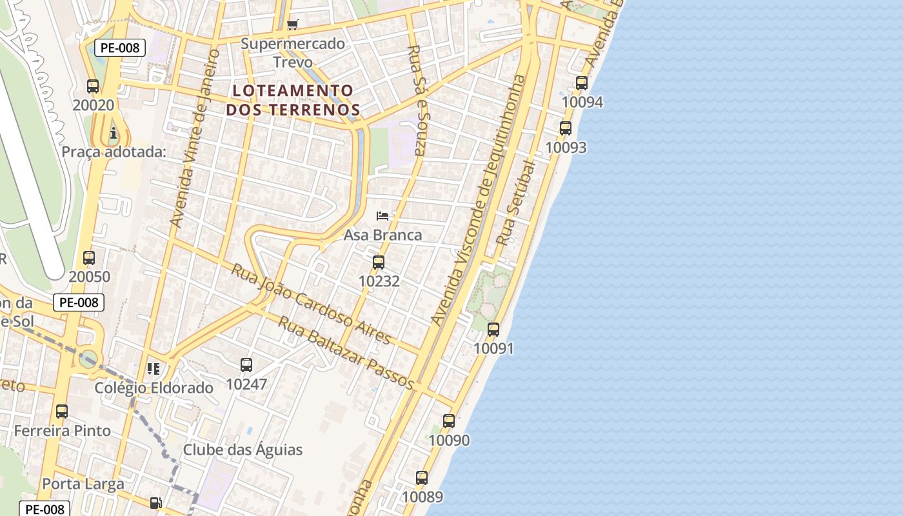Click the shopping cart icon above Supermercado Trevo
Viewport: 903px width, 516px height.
pyautogui.click(x=292, y=25)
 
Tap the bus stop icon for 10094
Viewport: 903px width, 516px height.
pyautogui.click(x=582, y=83)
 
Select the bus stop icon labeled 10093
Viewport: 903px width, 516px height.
pyautogui.click(x=566, y=128)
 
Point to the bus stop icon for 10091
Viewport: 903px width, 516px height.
pyautogui.click(x=493, y=330)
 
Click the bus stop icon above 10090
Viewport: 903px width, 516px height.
pyautogui.click(x=449, y=421)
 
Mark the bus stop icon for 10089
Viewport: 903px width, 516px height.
pyautogui.click(x=422, y=478)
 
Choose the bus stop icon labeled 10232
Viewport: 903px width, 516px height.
pyautogui.click(x=379, y=263)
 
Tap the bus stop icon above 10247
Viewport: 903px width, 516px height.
pyautogui.click(x=246, y=365)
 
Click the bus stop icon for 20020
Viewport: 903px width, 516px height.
pyautogui.click(x=93, y=86)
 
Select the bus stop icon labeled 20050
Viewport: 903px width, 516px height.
pyautogui.click(x=89, y=258)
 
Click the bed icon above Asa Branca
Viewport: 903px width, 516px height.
pyautogui.click(x=382, y=215)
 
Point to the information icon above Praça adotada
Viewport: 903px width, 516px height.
pyautogui.click(x=114, y=134)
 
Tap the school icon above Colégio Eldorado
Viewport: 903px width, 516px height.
pyautogui.click(x=154, y=369)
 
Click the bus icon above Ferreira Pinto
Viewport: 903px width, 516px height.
pyautogui.click(x=62, y=412)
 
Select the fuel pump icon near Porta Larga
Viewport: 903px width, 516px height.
pyautogui.click(x=155, y=503)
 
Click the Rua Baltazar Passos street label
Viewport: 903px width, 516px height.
pyautogui.click(x=346, y=352)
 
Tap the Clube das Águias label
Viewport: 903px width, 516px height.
pyautogui.click(x=243, y=450)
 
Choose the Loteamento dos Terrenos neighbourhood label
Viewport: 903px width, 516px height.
pyautogui.click(x=293, y=99)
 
